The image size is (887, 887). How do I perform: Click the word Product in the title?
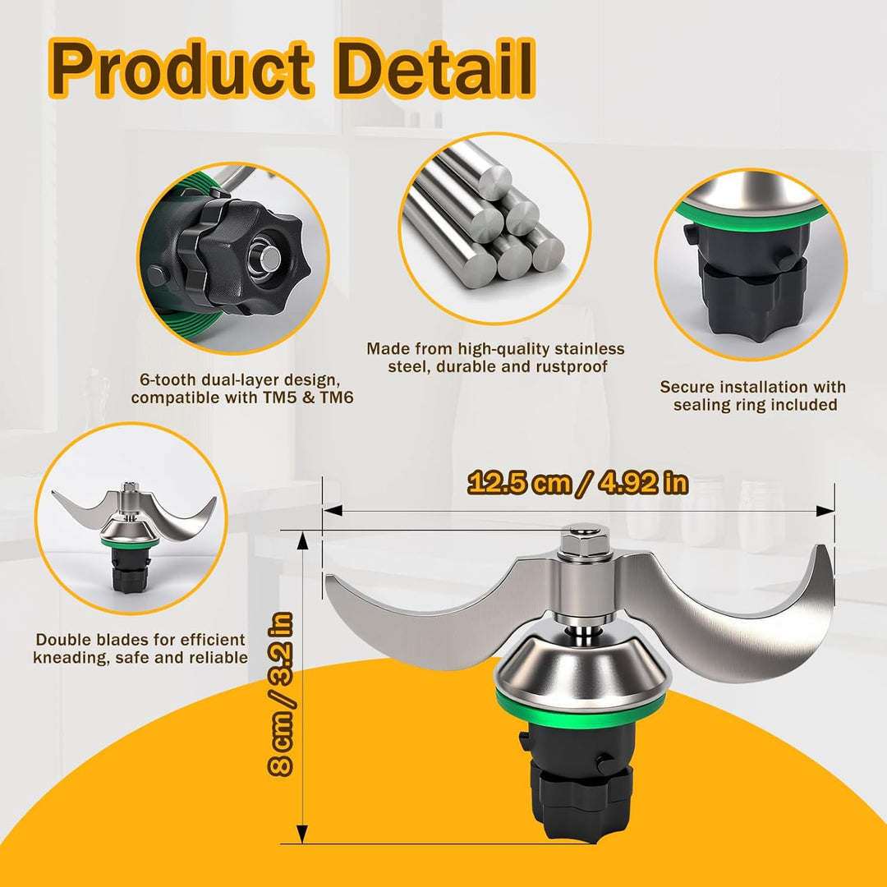[181, 69]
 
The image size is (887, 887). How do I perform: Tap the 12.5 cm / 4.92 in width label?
[578, 483]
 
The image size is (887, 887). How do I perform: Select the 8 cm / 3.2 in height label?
[281, 694]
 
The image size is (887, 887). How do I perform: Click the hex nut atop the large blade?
[585, 541]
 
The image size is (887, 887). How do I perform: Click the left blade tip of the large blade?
[328, 579]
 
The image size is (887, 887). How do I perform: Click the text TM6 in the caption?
[337, 398]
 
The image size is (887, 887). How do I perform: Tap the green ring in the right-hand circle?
[751, 214]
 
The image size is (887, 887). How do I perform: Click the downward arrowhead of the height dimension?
[302, 834]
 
